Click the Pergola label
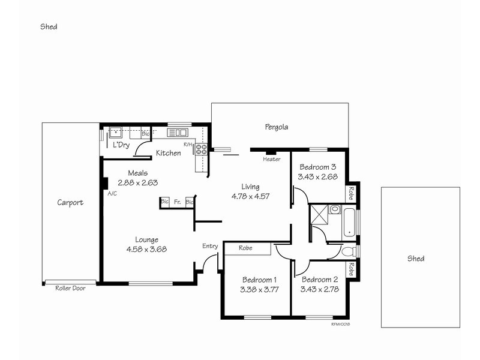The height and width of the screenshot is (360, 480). (x=277, y=127)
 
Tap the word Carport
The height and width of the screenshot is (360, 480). (x=70, y=203)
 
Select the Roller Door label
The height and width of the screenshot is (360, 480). (x=70, y=289)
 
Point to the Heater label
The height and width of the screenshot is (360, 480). (x=272, y=160)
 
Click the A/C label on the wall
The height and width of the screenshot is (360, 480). (x=112, y=194)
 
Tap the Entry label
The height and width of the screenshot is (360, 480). (x=210, y=246)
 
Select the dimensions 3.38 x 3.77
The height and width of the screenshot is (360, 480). (x=259, y=291)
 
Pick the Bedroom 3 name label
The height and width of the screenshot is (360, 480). (x=317, y=167)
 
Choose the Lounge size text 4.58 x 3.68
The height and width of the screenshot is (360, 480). (x=146, y=250)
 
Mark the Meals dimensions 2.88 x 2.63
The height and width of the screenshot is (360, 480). (x=137, y=183)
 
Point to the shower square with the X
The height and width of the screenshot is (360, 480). (x=318, y=213)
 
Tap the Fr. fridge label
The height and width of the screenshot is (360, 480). (x=178, y=203)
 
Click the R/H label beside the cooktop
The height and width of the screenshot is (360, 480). (x=188, y=145)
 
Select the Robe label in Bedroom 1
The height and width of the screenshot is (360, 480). (x=245, y=248)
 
